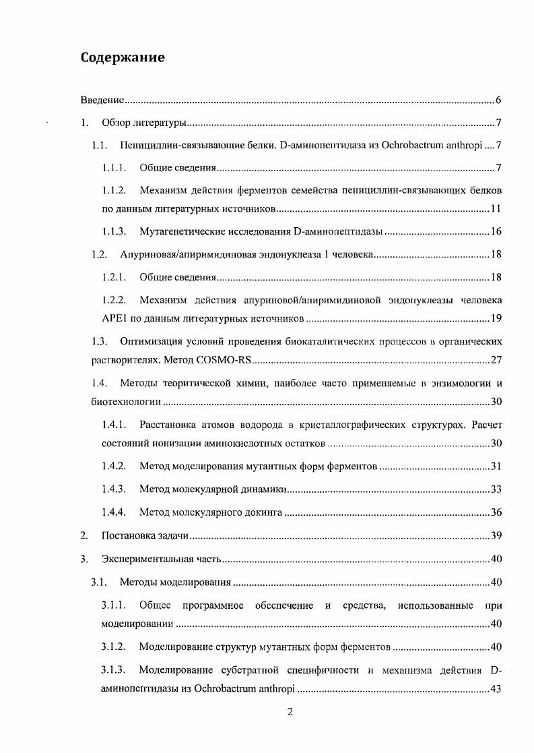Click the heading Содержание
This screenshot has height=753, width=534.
[x=123, y=57]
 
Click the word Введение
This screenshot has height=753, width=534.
[x=102, y=100]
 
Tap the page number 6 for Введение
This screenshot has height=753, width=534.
[x=498, y=100]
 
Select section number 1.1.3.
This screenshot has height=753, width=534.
[x=114, y=232]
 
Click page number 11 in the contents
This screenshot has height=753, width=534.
[x=496, y=210]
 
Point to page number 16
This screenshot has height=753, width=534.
[x=496, y=232]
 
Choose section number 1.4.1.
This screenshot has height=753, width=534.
[x=114, y=425]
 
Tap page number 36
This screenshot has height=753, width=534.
[x=496, y=512]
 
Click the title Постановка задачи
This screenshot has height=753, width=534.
[x=143, y=536]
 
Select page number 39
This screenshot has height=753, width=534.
[x=496, y=536]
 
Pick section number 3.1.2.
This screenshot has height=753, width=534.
[x=114, y=647]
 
